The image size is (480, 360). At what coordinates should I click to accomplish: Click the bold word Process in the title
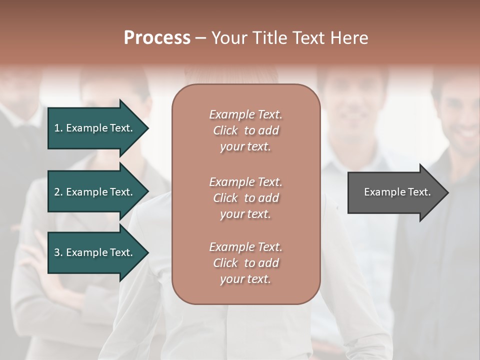157,38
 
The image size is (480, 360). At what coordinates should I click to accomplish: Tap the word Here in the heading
349,38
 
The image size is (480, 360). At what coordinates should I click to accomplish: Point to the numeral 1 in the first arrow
56,128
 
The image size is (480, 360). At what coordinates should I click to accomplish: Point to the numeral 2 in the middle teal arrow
57,192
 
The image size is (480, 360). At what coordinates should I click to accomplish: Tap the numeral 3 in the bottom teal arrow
57,252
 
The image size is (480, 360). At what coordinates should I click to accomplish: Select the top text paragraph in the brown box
245,130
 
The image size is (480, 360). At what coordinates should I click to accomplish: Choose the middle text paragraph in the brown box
245,197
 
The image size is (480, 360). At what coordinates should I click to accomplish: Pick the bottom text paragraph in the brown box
245,263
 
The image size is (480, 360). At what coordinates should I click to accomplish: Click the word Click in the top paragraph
225,130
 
